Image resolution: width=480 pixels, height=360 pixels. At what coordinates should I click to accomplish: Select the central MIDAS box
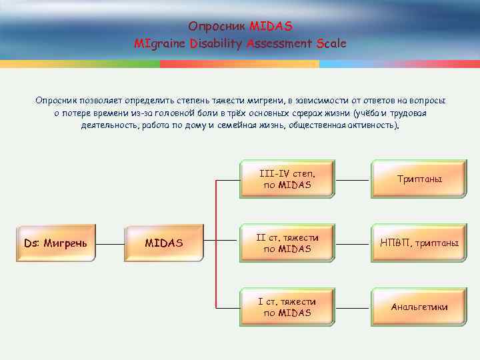click(163, 243)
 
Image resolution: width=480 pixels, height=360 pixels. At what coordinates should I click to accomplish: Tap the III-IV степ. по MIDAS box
click(287, 179)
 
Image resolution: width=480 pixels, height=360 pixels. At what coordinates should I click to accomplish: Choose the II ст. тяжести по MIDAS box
click(287, 243)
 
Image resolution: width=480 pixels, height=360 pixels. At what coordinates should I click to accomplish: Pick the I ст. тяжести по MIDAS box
click(287, 307)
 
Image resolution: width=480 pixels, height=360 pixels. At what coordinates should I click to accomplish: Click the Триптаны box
click(419, 179)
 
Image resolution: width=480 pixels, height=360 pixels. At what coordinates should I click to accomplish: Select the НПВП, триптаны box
click(419, 243)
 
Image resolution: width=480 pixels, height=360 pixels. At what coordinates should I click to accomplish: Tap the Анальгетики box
click(419, 307)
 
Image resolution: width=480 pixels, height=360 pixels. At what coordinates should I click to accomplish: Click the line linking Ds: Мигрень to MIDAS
click(111, 243)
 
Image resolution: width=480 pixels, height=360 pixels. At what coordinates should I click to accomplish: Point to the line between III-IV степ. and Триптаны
click(353, 179)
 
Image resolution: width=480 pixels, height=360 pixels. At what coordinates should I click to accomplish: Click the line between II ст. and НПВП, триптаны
click(353, 243)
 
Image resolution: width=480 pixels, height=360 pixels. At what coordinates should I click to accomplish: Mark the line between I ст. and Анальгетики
click(353, 307)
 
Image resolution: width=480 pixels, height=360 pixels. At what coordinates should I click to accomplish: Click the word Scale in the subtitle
click(331, 44)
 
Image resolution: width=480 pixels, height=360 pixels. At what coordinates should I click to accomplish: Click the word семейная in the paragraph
click(239, 125)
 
